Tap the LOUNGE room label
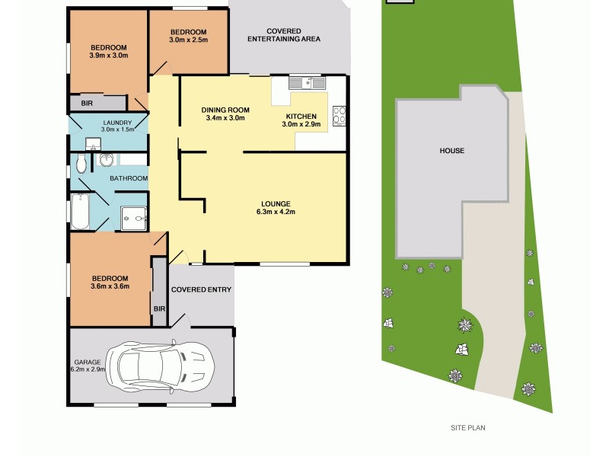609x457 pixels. click(276, 203)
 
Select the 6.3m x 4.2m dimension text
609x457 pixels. click(276, 212)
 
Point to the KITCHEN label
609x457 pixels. click(299, 116)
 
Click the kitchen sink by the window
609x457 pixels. click(308, 82)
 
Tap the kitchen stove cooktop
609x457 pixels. click(340, 115)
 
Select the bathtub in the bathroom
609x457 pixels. click(80, 212)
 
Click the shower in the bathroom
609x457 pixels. click(134, 218)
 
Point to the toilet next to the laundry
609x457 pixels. click(106, 160)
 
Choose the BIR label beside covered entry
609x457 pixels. click(159, 308)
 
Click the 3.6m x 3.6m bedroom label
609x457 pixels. click(109, 283)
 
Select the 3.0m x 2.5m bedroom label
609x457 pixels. click(188, 35)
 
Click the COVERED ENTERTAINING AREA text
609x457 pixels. click(282, 35)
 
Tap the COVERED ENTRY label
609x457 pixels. click(201, 289)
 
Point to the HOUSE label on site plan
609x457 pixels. click(451, 151)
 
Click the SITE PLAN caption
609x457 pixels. click(467, 428)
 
